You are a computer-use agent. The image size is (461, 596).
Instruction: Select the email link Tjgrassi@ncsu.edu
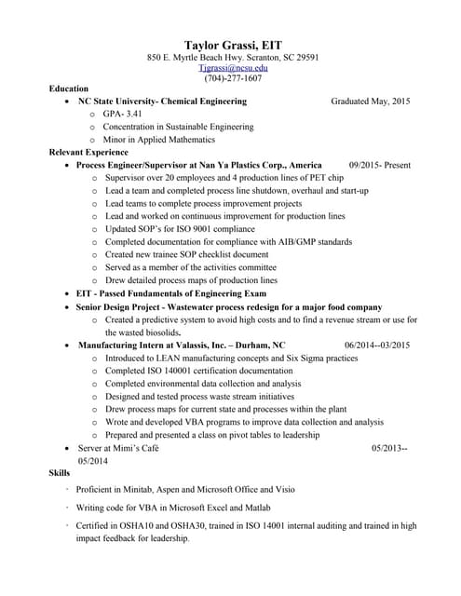233,68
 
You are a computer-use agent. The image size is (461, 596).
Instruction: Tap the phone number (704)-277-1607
233,78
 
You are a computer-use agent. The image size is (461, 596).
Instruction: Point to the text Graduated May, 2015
370,101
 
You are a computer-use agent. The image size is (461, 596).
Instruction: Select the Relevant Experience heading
90,151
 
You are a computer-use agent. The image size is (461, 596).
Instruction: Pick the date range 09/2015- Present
379,164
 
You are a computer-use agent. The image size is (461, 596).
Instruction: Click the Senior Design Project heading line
229,306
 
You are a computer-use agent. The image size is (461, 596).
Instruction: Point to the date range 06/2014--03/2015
376,345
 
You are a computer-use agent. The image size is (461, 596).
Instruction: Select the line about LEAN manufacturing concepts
231,358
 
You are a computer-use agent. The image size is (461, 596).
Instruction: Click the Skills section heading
59,474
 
